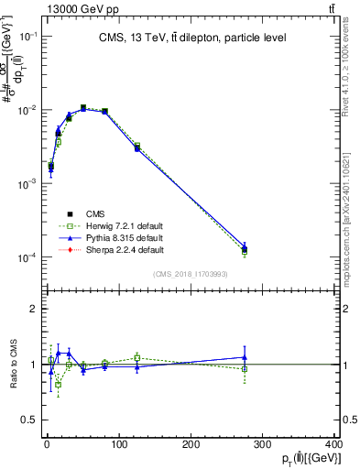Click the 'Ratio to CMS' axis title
[13, 365]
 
